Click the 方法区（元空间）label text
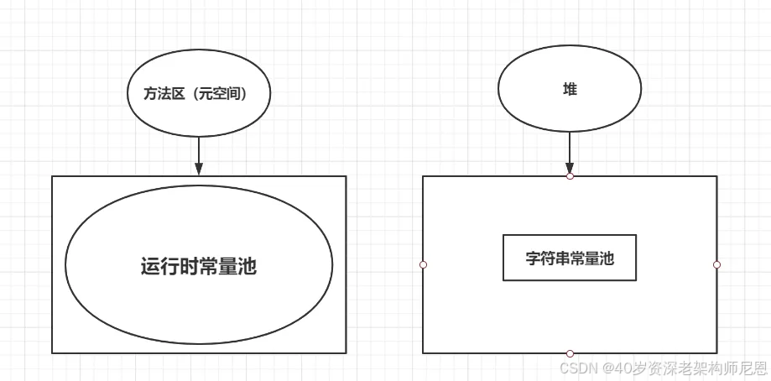click(198, 95)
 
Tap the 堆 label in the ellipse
click(570, 89)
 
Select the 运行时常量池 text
click(198, 267)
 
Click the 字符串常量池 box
click(570, 258)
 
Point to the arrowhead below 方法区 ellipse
click(199, 169)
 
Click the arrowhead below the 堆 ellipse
click(570, 168)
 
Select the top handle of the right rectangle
click(570, 176)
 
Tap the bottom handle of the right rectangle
click(570, 353)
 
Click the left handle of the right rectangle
click(423, 264)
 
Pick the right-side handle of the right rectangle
click(716, 264)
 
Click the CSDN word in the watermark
click(577, 368)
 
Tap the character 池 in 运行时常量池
click(247, 267)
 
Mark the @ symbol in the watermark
click(604, 368)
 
